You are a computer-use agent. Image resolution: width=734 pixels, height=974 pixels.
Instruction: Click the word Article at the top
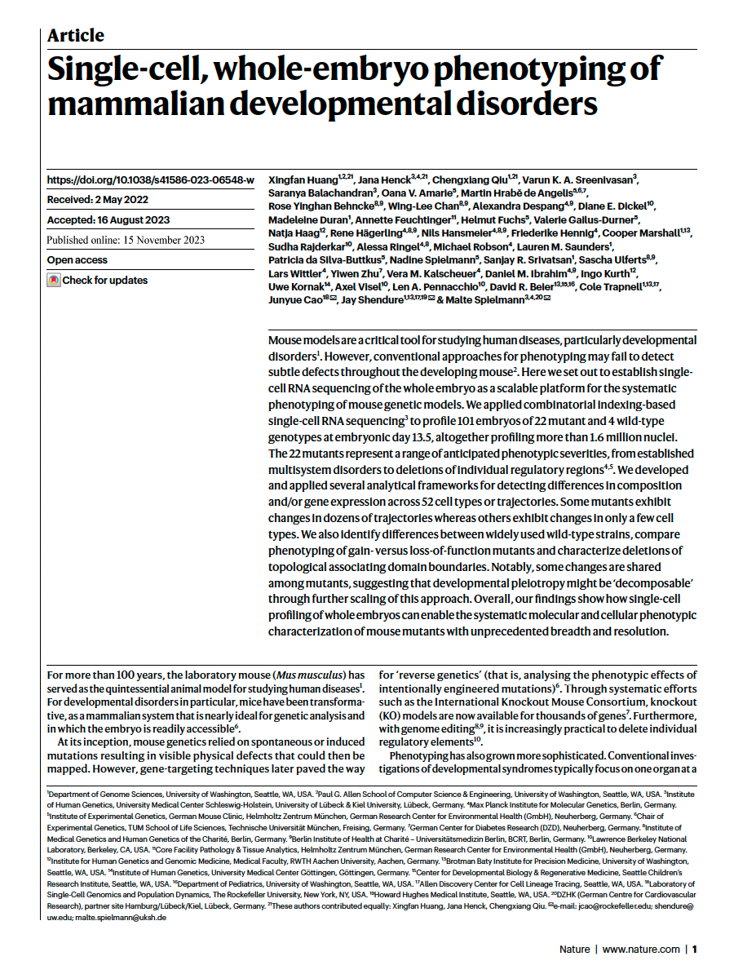tap(76, 35)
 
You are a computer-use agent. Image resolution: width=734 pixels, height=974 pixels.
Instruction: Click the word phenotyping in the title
tap(534, 69)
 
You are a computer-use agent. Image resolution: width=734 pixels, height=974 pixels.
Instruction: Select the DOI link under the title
tap(150, 180)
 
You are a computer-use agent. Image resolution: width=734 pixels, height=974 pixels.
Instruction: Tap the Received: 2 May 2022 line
tap(97, 200)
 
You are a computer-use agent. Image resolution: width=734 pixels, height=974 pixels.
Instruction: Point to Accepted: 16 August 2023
tap(108, 220)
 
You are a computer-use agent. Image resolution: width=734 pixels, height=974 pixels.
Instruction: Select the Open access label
tap(77, 260)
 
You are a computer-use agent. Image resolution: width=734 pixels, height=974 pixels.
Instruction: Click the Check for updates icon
tap(54, 281)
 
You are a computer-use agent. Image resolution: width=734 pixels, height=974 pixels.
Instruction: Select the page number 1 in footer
tap(695, 950)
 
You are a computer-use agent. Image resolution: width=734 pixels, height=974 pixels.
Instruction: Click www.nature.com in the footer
tap(641, 950)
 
